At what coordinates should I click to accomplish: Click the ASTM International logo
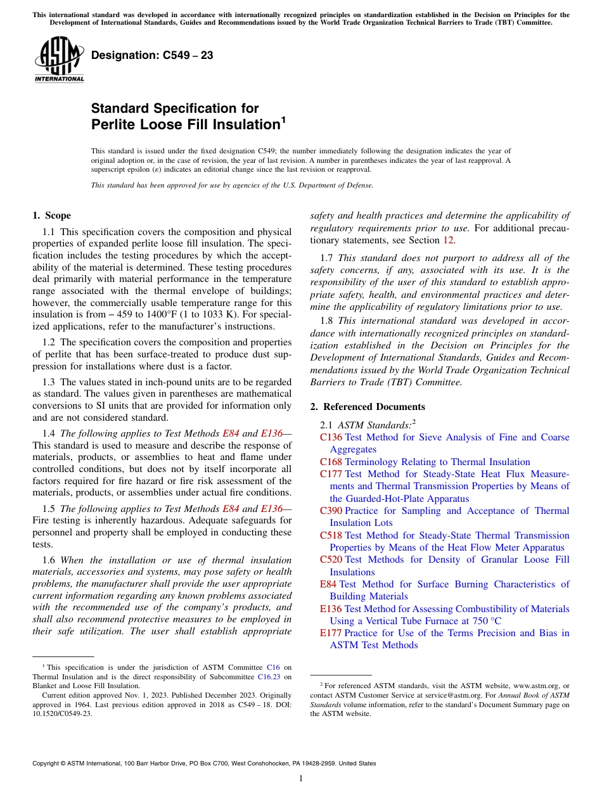tap(58, 60)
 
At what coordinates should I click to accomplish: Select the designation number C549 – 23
tap(152, 56)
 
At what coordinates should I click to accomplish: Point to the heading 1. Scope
tap(52, 215)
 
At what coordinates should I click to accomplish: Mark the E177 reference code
tap(331, 633)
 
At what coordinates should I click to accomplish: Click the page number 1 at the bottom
tap(301, 779)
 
